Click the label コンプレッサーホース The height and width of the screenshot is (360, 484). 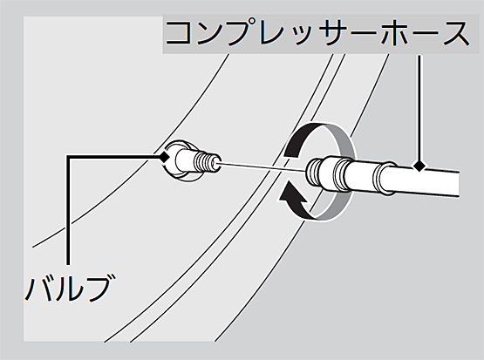317,32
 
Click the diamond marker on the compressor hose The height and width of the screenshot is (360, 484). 419,166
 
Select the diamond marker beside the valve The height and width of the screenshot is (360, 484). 164,157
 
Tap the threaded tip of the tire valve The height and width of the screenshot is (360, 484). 208,161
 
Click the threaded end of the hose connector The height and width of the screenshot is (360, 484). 314,172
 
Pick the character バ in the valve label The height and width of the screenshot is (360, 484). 38,288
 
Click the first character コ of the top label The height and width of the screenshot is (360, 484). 181,33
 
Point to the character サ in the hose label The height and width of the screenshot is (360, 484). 335,33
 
